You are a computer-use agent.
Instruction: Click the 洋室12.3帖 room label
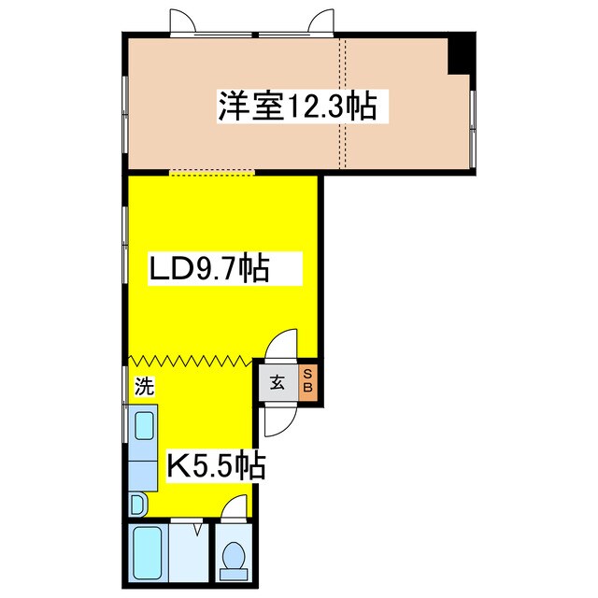point(297,106)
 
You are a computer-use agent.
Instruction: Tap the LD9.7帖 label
point(209,268)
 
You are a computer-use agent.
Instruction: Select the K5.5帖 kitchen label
point(217,465)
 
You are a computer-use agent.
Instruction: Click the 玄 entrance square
point(278,383)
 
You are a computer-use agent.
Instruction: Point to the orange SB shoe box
point(307,383)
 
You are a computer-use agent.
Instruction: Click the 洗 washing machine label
point(146,386)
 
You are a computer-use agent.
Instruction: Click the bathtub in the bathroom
point(148,558)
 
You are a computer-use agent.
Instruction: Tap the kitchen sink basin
point(145,426)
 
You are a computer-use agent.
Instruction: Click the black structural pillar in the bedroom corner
point(462,53)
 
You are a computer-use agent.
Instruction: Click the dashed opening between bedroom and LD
point(212,174)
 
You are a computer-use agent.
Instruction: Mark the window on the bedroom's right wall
point(473,129)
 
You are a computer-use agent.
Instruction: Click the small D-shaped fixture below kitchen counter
point(137,505)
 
